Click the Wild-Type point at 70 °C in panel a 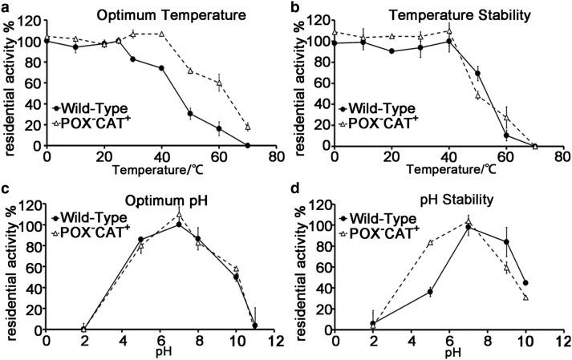[248, 146]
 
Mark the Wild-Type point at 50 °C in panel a [190, 114]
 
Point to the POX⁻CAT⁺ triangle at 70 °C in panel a [248, 127]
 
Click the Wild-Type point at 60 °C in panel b [506, 135]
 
